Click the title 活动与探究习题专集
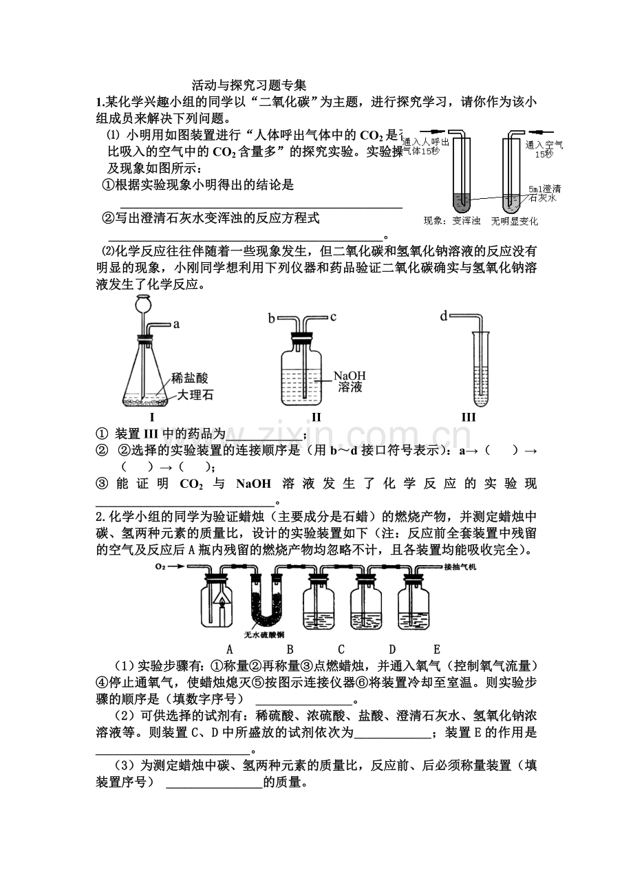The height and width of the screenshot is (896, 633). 248,86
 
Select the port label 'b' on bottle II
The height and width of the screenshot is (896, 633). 272,317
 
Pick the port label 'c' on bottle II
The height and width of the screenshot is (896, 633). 333,317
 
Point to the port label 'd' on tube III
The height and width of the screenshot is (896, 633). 444,316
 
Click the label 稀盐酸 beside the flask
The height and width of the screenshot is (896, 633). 189,378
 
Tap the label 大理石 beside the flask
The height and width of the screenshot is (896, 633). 195,395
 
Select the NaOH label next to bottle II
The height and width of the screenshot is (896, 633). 352,376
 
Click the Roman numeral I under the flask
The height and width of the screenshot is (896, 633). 151,417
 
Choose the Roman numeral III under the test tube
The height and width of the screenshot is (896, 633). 469,417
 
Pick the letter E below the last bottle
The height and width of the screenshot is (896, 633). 436,648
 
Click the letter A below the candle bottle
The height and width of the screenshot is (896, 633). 230,648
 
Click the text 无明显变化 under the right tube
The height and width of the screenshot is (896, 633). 515,222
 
